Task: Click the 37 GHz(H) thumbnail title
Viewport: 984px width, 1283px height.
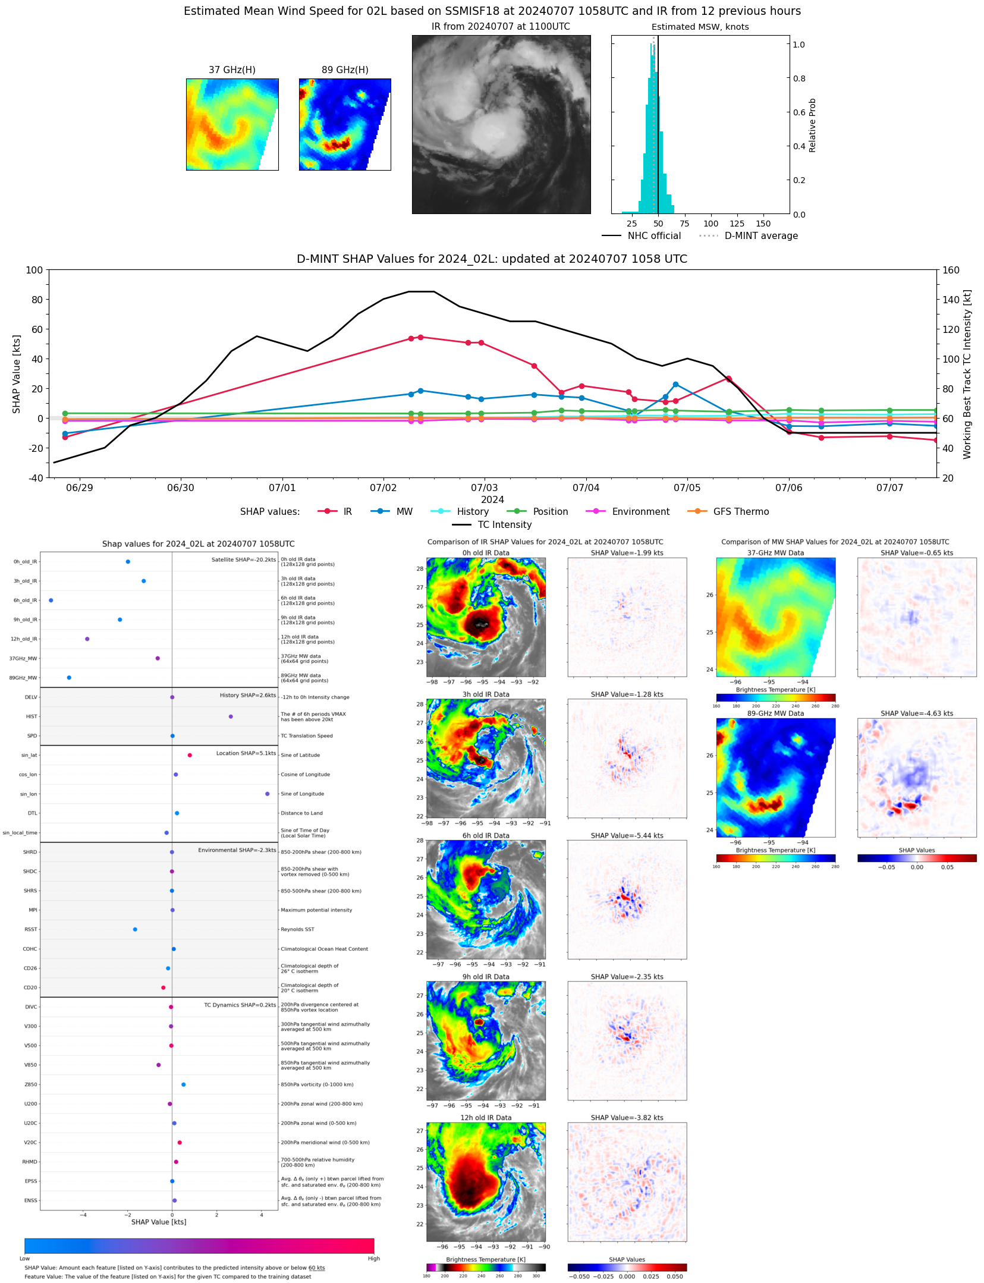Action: tap(232, 70)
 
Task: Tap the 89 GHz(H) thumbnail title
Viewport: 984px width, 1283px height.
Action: tap(345, 70)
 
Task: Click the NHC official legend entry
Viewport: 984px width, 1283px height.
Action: tap(654, 236)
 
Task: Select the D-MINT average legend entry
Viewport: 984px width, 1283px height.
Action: tap(761, 236)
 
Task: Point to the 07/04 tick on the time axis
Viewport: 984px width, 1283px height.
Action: tap(586, 488)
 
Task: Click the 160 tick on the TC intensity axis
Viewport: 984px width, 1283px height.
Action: tap(951, 270)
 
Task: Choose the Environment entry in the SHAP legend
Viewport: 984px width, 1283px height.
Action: tap(640, 512)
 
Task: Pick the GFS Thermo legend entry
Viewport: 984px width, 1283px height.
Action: tap(741, 512)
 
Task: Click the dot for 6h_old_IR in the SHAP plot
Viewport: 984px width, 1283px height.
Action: tap(51, 600)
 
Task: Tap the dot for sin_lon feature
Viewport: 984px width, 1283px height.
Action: tap(268, 794)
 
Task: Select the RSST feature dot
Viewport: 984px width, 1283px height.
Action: tap(135, 929)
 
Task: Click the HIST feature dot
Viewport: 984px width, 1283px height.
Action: tap(231, 716)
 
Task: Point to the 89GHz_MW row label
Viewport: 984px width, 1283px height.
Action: tap(23, 678)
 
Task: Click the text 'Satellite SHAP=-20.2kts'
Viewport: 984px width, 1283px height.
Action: tap(244, 559)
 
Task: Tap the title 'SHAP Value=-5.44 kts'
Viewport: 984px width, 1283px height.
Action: tap(627, 835)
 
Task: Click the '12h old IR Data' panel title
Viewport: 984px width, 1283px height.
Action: tap(486, 1118)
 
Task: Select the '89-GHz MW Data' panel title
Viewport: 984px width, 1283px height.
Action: tap(775, 713)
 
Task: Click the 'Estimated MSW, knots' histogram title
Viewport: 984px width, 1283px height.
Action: tap(700, 27)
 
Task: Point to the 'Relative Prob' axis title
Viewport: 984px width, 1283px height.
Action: tap(813, 125)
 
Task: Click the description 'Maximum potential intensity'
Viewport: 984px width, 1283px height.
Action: tap(316, 910)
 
